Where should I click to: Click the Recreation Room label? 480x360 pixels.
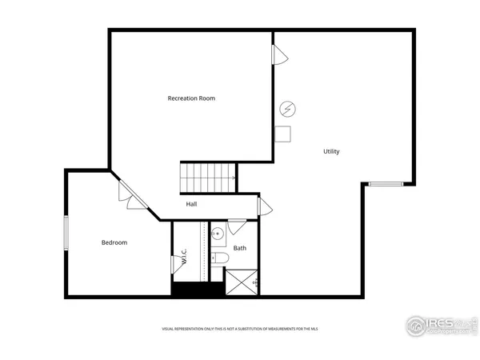click(191, 98)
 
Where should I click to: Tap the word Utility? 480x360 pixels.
click(331, 151)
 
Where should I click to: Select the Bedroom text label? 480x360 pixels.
click(114, 242)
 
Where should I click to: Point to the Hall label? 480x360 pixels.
click(192, 204)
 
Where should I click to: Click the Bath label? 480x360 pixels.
click(240, 248)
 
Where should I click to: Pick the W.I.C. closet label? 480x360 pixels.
click(184, 257)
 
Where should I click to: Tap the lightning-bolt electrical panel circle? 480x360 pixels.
click(286, 109)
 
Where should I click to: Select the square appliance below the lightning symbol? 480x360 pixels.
click(282, 134)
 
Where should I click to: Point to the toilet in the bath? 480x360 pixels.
click(218, 259)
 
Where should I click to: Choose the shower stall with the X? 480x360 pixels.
click(241, 282)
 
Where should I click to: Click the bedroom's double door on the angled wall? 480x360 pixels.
click(128, 196)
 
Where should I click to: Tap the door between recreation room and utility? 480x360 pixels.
click(279, 55)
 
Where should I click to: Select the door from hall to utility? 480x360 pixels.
click(264, 206)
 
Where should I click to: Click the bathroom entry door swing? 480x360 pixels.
click(236, 226)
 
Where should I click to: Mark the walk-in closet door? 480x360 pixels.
click(177, 265)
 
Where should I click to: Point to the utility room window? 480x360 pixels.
click(386, 184)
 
